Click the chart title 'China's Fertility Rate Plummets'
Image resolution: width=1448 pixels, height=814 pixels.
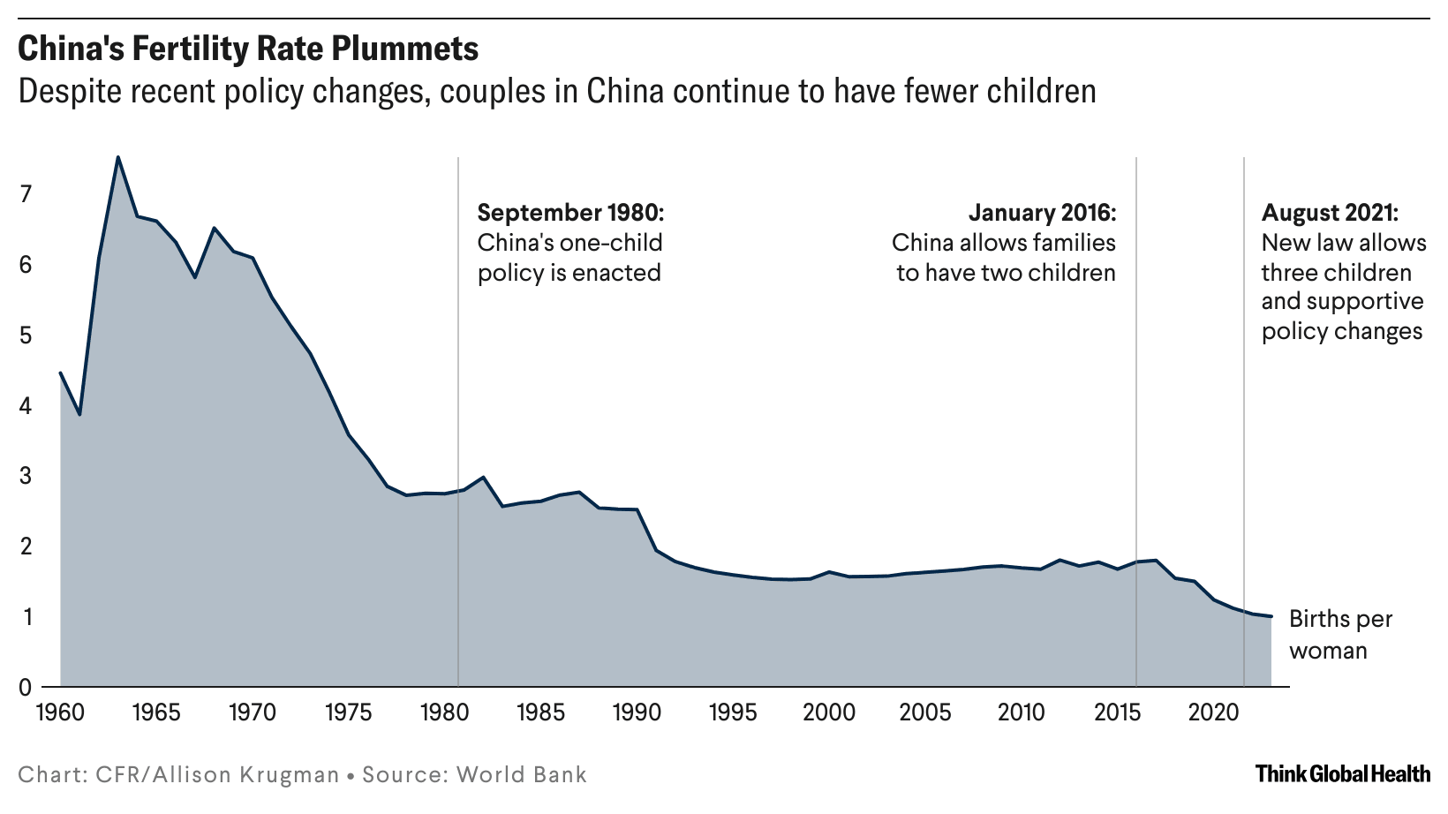[x=248, y=49]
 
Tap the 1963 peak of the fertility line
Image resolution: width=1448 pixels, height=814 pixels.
[x=118, y=157]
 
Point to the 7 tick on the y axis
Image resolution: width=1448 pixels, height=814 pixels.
[x=26, y=193]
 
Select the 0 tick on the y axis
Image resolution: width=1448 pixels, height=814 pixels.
[x=26, y=687]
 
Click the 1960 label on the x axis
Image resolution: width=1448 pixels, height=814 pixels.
[x=61, y=712]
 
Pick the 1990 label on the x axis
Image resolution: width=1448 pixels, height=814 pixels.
[x=637, y=712]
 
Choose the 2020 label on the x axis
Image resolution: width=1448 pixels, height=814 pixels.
[x=1213, y=712]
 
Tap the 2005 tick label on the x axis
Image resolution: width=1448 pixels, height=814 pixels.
[x=925, y=712]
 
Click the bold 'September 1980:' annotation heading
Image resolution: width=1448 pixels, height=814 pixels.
[x=570, y=213]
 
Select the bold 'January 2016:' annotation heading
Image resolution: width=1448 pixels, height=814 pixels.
[x=1042, y=213]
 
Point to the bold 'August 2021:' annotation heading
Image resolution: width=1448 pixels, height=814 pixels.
[x=1330, y=213]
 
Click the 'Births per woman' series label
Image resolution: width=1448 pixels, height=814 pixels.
[x=1340, y=634]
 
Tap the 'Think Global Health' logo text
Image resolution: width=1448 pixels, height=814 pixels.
[x=1342, y=774]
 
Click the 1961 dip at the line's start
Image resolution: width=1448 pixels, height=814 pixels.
[x=80, y=414]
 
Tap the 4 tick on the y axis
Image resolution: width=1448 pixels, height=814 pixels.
[x=26, y=405]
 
